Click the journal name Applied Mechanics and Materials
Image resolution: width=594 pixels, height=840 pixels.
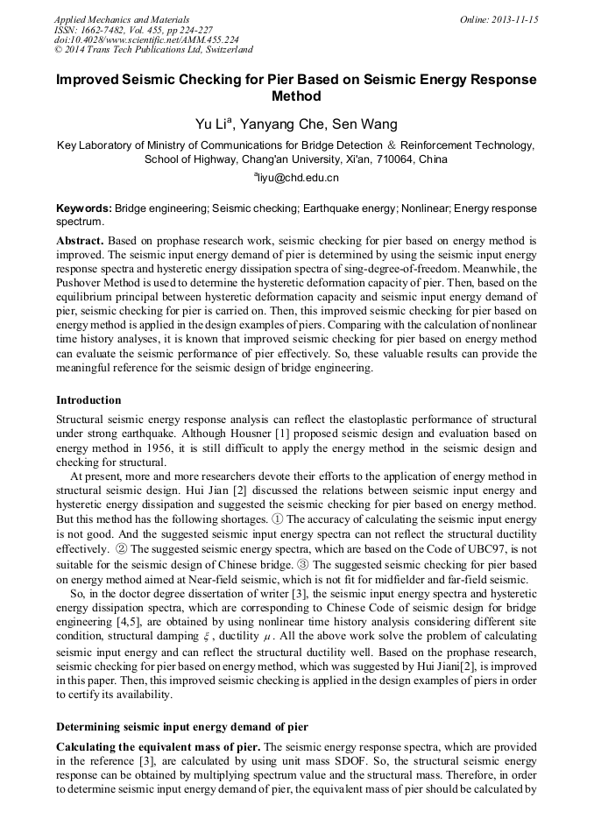121,19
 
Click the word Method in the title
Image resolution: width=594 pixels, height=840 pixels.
297,96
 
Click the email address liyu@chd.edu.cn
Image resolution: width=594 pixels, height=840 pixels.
298,178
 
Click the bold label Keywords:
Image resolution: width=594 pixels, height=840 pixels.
84,208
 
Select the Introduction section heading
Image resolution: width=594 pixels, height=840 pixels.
88,400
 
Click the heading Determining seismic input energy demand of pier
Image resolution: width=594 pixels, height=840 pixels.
182,726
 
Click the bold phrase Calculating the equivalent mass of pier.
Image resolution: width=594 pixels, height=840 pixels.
158,746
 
